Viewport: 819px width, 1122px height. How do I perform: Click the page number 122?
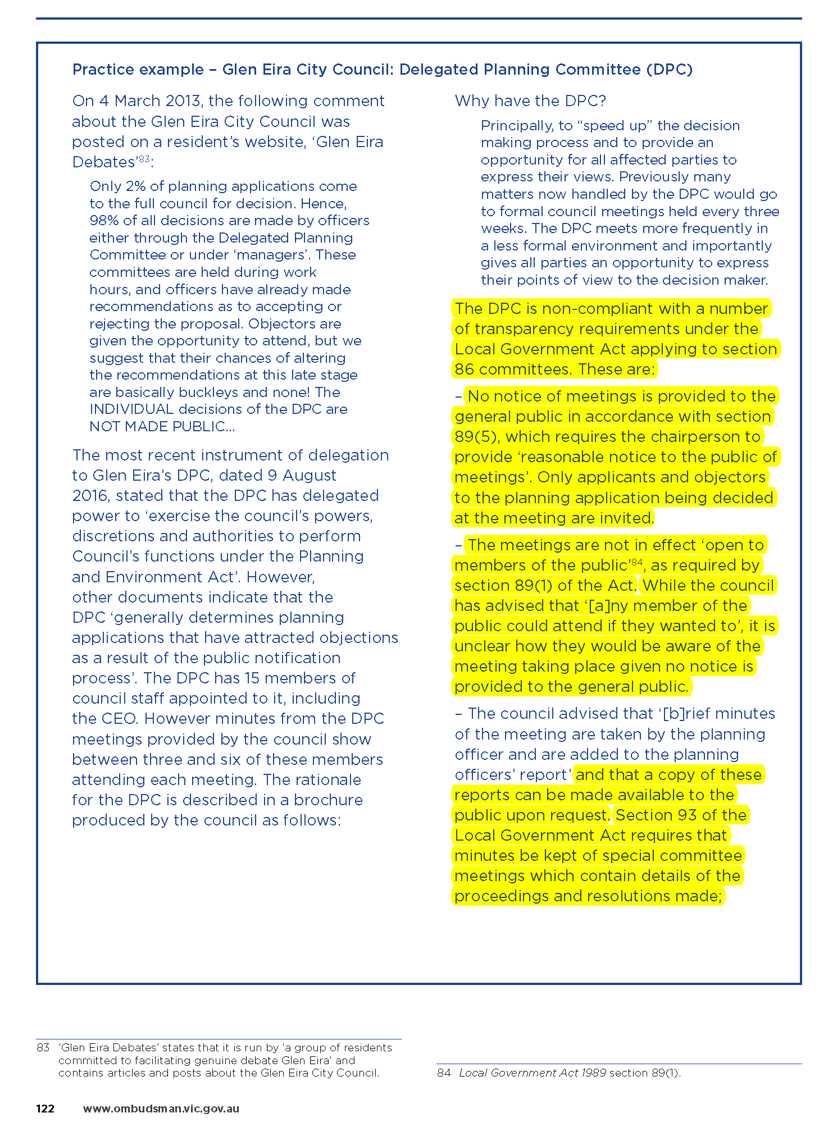[45, 1108]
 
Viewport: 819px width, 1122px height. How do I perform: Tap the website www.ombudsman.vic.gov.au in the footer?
[161, 1108]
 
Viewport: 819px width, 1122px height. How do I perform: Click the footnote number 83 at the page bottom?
[43, 1047]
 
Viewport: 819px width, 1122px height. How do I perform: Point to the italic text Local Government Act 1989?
[532, 1072]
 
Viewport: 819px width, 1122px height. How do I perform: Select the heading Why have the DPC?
[530, 101]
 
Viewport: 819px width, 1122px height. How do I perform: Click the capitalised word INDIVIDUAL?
[131, 409]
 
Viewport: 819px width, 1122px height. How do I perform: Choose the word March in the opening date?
[143, 101]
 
